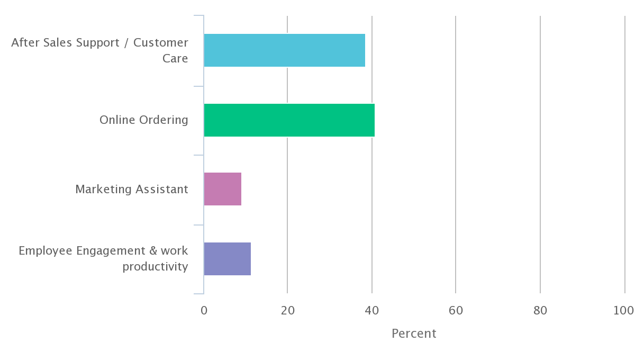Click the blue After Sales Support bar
(x=284, y=50)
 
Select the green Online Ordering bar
(x=289, y=120)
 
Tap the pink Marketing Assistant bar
(x=222, y=189)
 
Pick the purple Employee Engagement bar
(x=227, y=259)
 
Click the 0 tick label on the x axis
(x=204, y=311)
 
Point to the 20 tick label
(x=287, y=311)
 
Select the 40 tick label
(x=371, y=311)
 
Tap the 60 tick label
(x=456, y=311)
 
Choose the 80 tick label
(x=540, y=311)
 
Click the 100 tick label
(x=623, y=311)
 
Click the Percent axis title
(x=414, y=334)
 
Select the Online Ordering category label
(x=143, y=120)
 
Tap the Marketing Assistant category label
(x=131, y=190)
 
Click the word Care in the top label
(x=175, y=58)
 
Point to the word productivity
(x=155, y=266)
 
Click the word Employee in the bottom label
(x=46, y=250)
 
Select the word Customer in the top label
(x=160, y=42)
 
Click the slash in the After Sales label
(x=125, y=43)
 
